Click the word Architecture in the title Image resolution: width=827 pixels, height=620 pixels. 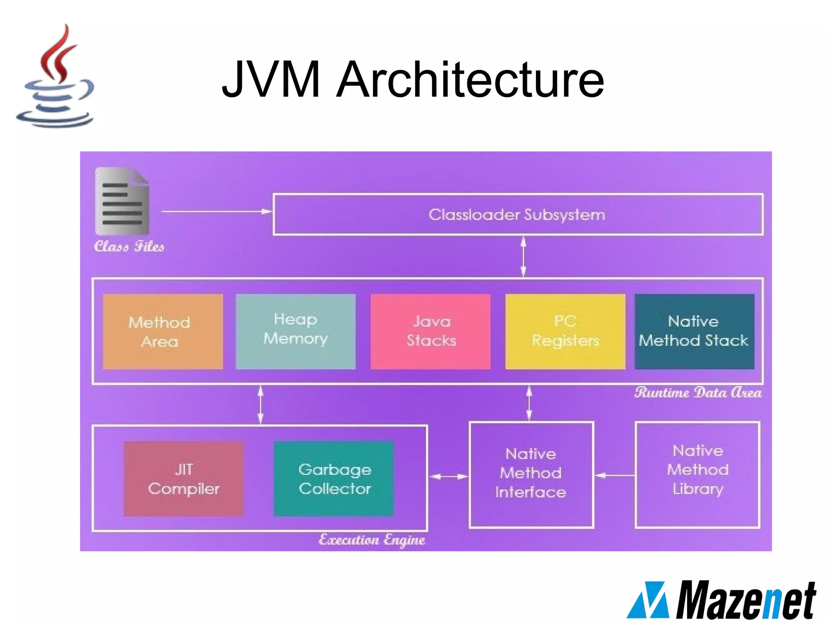coord(470,79)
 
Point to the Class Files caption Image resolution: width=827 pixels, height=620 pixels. coord(129,246)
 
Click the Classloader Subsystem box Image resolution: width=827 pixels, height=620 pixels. coord(518,215)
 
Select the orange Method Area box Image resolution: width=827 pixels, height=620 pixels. coord(163,331)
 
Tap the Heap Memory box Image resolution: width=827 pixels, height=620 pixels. coord(295,331)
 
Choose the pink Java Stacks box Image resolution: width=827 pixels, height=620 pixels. coord(430,331)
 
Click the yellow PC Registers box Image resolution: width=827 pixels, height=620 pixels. coord(565,331)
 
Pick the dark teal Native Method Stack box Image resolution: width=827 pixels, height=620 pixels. coord(694,331)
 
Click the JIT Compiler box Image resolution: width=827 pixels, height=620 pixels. coord(184,479)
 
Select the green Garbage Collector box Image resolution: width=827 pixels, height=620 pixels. coord(334,479)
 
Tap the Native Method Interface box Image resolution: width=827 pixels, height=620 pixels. coord(531,474)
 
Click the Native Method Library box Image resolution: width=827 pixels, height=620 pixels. coord(697,474)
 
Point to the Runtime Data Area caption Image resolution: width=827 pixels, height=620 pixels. coord(698,393)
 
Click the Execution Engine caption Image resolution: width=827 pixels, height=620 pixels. coord(372,540)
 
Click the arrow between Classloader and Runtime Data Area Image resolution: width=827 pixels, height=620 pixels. coord(523,256)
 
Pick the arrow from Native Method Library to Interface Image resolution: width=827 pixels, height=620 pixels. coord(615,475)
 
